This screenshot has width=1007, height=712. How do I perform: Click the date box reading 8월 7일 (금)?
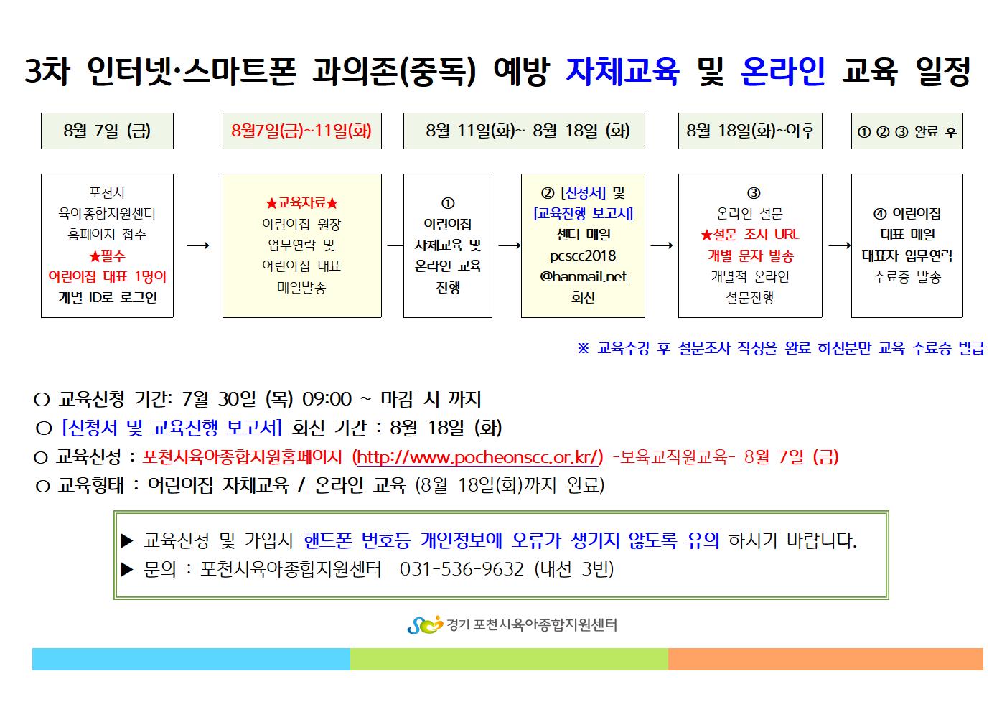[107, 131]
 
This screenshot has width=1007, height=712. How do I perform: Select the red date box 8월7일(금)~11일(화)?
[301, 131]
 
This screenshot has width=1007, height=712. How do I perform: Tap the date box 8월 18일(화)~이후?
[750, 131]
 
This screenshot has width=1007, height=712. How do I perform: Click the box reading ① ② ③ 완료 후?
[907, 131]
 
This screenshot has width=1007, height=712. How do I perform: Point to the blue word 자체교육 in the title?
[622, 72]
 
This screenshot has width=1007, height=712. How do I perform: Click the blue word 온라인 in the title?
[782, 72]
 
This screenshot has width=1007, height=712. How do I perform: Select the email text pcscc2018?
[583, 256]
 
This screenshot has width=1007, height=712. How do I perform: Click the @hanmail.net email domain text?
[583, 276]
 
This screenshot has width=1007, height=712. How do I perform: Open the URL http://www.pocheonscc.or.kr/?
[477, 457]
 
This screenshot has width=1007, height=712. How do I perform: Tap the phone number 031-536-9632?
[462, 569]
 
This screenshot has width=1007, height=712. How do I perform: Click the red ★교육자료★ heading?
[301, 203]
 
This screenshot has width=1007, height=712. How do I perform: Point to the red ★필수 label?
[107, 256]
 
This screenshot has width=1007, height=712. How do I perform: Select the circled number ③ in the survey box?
[754, 193]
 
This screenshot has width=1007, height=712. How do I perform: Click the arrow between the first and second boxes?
[198, 245]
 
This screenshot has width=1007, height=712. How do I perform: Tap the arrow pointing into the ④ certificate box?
[839, 245]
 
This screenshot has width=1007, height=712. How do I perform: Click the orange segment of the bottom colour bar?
[825, 659]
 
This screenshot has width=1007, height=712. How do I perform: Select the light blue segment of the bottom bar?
[191, 659]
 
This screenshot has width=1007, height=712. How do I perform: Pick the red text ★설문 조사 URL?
[750, 235]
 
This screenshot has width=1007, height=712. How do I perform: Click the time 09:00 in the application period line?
[327, 399]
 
